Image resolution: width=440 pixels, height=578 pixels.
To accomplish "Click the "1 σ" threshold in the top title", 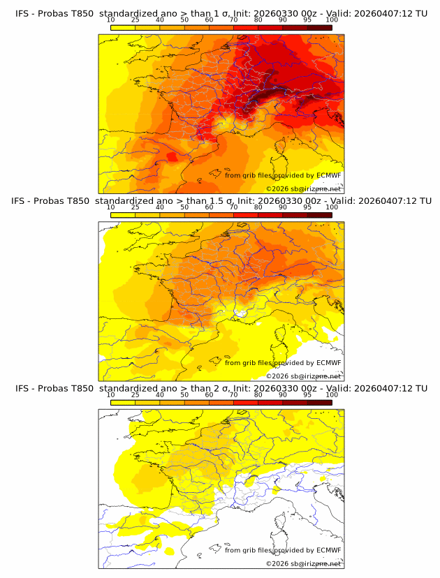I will tap(219, 13).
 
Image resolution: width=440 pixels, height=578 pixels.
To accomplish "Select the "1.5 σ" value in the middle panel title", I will tap(221, 201).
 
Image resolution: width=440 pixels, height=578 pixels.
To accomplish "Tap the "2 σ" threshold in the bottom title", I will tap(219, 388).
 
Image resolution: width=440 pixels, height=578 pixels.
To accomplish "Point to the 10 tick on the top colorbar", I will tap(110, 20).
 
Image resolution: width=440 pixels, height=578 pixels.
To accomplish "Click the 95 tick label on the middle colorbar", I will tap(307, 207).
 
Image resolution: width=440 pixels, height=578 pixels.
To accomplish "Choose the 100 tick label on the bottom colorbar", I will tap(332, 394).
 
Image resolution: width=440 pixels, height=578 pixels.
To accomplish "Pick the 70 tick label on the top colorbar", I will tap(233, 20).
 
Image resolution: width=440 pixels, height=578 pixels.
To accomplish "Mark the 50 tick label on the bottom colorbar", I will tap(184, 394).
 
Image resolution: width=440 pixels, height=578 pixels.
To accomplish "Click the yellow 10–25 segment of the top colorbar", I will tap(123, 27).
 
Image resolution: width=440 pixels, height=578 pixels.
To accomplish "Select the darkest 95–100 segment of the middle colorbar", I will tap(319, 215).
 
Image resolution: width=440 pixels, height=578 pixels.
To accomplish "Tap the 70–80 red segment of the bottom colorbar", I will tap(245, 402).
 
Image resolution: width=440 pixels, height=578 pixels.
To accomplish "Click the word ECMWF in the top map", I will tap(329, 176).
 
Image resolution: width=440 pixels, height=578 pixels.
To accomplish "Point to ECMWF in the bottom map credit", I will tap(329, 551).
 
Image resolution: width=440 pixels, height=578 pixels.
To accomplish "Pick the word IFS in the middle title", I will tap(23, 201).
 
